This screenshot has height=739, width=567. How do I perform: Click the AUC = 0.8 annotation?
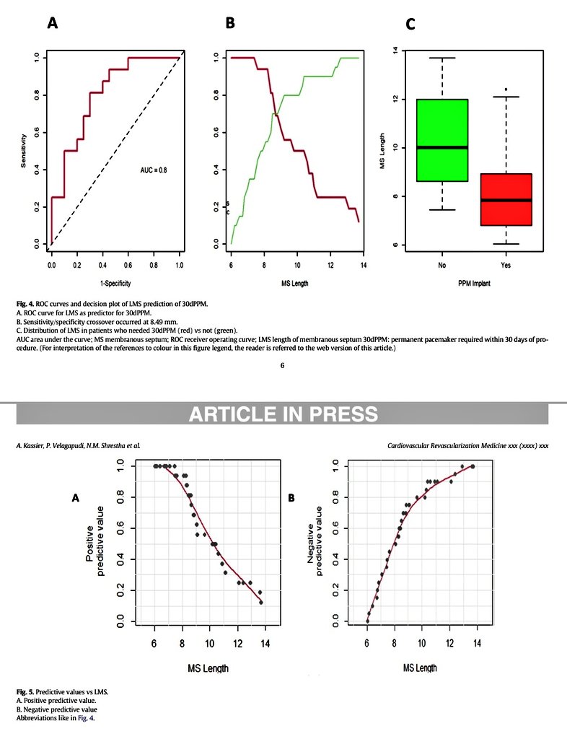tap(154, 170)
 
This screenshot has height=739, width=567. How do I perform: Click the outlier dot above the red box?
tap(506, 89)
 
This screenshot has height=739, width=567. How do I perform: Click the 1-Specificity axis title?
tap(115, 284)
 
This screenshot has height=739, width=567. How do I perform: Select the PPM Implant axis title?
tap(473, 284)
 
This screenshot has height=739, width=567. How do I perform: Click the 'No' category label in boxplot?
tap(441, 265)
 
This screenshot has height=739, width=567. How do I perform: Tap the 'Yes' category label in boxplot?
tap(506, 265)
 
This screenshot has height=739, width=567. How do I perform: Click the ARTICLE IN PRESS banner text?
tap(283, 414)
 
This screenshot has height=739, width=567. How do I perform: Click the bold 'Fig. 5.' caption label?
tap(25, 691)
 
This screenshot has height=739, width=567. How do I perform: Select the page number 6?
tap(282, 365)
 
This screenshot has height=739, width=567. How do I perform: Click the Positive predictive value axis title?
tap(96, 544)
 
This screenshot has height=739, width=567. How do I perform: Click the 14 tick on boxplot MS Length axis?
tap(394, 50)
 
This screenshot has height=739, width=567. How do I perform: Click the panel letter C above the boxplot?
tap(410, 25)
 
